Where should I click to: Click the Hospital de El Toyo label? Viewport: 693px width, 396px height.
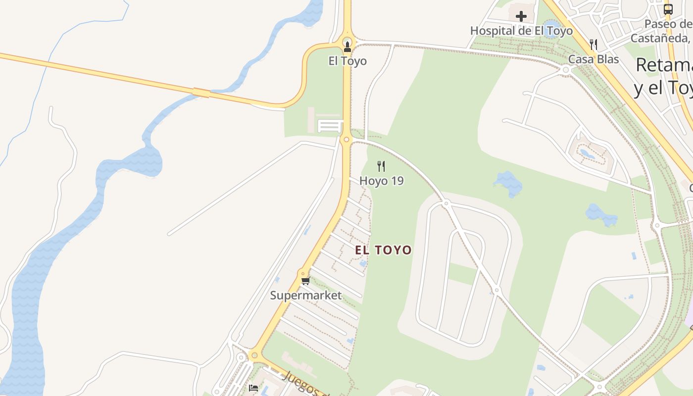pos(521,31)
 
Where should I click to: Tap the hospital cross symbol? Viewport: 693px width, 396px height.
pos(521,16)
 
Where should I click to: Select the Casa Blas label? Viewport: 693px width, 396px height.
pos(593,59)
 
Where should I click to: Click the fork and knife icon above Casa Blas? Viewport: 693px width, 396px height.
pos(594,45)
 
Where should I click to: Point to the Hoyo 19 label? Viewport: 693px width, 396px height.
pos(381,181)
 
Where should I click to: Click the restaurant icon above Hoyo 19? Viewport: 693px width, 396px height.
pos(381,166)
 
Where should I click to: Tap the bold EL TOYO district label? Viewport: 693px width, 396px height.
pos(383,250)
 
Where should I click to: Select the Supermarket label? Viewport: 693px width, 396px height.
pos(305,296)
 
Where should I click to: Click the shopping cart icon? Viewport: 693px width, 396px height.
pos(305,281)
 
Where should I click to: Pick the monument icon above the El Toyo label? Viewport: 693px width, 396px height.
pos(347,47)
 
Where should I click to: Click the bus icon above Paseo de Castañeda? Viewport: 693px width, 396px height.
pos(668,8)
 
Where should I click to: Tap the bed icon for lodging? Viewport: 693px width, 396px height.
pos(254,388)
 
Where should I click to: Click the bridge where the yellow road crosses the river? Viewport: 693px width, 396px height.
pos(201,92)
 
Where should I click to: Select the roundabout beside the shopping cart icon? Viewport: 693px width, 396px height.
pos(302,273)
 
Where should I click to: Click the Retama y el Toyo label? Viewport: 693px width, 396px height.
pos(663,77)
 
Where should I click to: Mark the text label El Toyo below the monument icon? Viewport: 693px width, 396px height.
pos(347,61)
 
